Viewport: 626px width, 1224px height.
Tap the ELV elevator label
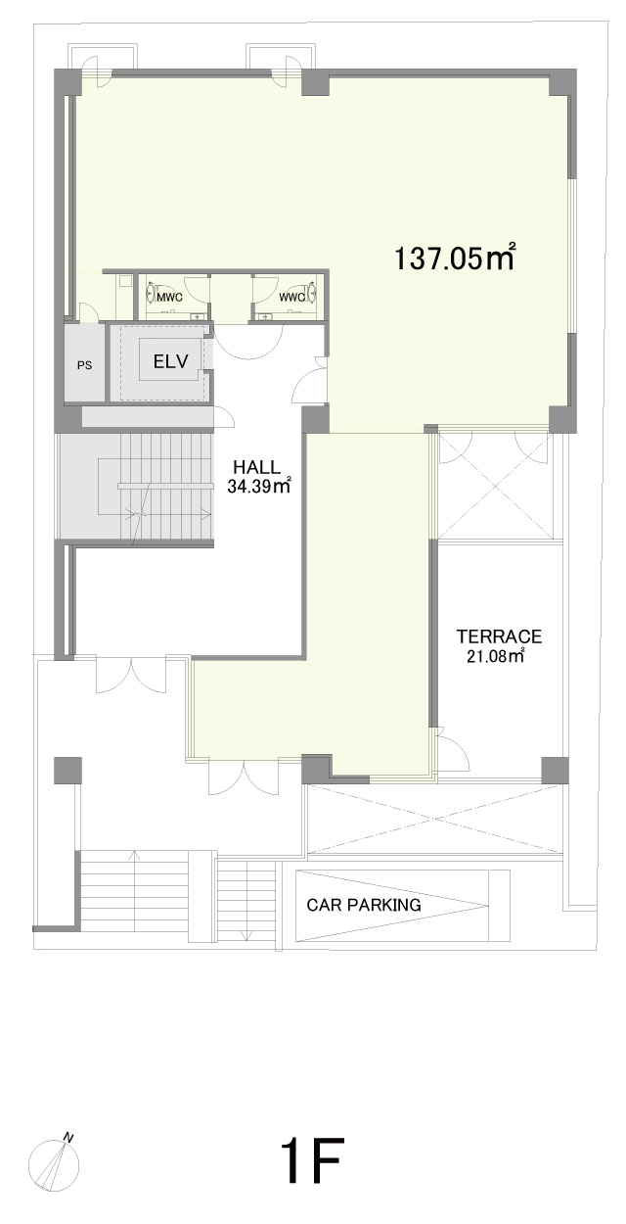pos(171,361)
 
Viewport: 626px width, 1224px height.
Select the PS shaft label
pos(84,366)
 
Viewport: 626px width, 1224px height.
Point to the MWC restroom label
pos(169,298)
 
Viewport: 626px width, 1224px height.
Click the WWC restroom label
pos(291,298)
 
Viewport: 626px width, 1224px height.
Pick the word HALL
pos(256,467)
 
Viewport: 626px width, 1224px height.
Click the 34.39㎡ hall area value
pos(258,486)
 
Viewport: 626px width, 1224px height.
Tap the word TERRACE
pos(499,636)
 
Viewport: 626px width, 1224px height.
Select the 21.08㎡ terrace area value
pos(496,655)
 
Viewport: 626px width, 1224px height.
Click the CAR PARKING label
pos(364,905)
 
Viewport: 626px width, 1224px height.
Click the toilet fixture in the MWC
pos(151,294)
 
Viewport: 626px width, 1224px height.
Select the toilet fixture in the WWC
pos(312,294)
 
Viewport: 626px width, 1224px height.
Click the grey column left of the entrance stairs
pos(67,771)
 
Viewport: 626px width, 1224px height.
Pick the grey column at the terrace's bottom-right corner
pos(555,771)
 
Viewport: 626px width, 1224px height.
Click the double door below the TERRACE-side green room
pos(244,777)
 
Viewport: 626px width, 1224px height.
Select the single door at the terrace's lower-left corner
pos(454,751)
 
